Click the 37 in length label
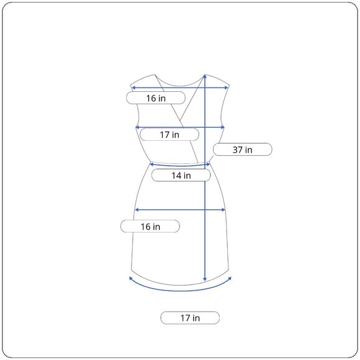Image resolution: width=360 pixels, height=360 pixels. [243, 150]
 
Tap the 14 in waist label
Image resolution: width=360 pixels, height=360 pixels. [181, 176]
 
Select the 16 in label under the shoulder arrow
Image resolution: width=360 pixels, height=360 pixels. [156, 98]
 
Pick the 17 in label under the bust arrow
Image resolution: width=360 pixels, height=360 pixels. [169, 135]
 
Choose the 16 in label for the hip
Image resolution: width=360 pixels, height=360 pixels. [150, 227]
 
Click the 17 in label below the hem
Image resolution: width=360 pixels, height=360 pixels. [190, 318]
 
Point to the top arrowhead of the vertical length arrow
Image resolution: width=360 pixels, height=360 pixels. [205, 76]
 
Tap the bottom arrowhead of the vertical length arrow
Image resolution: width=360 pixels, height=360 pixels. [205, 279]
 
